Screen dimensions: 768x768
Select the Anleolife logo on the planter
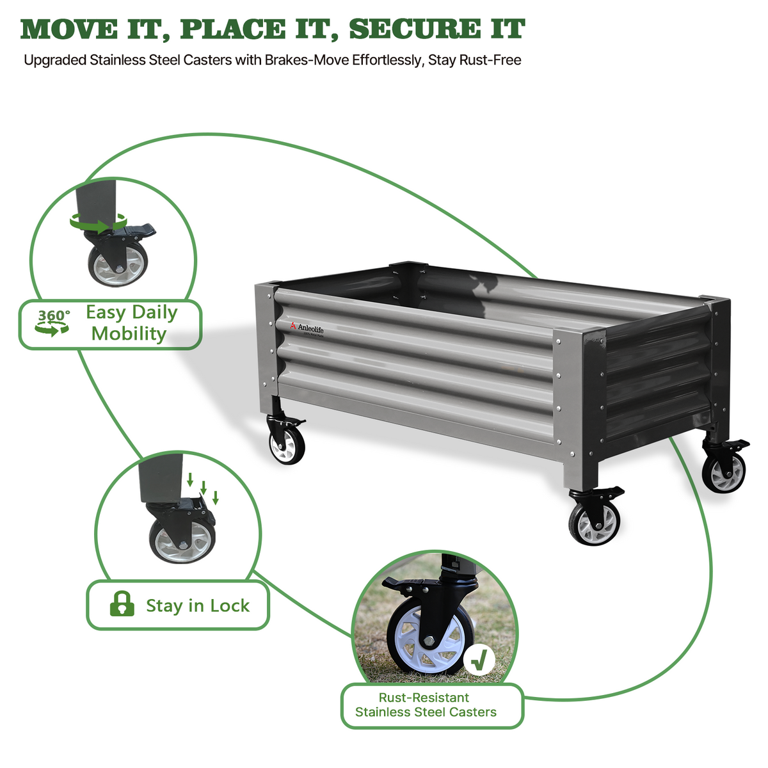coord(311,328)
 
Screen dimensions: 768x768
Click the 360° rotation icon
coord(52,323)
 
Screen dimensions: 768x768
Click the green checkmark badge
coord(479,659)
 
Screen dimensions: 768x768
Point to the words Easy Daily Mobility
coord(131,323)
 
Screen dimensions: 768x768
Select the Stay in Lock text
coord(197,605)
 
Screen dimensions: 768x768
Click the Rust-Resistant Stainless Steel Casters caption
coord(426,705)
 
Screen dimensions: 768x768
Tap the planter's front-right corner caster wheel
coord(594,522)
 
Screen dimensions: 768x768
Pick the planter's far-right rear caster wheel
coord(724,472)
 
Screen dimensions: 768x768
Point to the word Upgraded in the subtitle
coord(55,61)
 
